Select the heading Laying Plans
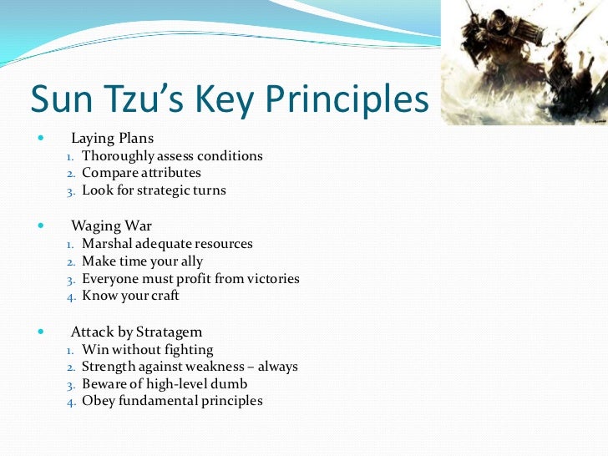112,137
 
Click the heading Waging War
111,225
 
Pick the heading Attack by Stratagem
136,332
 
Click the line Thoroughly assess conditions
172,156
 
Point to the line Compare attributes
141,173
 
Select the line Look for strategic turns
154,190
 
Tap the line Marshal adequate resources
167,245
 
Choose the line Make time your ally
142,261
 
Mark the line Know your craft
130,296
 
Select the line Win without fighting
147,350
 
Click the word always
276,367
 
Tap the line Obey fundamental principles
172,401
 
